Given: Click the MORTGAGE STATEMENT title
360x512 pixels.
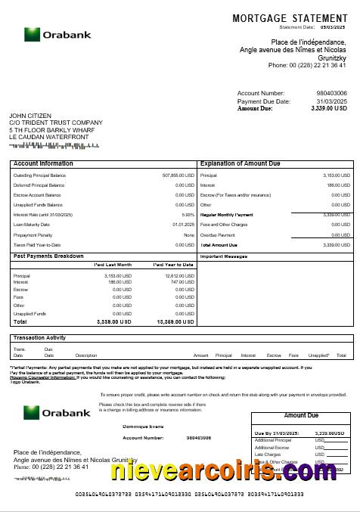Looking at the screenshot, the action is pyautogui.click(x=290, y=17).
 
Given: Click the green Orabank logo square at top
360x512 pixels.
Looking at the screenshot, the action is pyautogui.click(x=32, y=35).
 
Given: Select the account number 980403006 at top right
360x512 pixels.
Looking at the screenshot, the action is pyautogui.click(x=331, y=93).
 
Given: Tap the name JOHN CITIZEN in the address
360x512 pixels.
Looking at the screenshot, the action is pyautogui.click(x=30, y=116).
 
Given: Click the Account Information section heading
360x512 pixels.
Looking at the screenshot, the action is pyautogui.click(x=44, y=163).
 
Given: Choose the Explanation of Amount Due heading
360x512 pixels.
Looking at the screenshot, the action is pyautogui.click(x=240, y=163).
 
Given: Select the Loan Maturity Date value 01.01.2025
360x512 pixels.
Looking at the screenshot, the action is pyautogui.click(x=183, y=225).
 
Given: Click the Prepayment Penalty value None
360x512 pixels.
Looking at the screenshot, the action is pyautogui.click(x=189, y=234).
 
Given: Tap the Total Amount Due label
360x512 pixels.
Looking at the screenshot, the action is pyautogui.click(x=219, y=245).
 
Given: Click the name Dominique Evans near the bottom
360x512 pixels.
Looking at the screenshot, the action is pyautogui.click(x=143, y=427).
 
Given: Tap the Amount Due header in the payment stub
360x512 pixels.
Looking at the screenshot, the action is pyautogui.click(x=300, y=416).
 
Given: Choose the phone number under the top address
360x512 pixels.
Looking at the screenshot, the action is pyautogui.click(x=307, y=65).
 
